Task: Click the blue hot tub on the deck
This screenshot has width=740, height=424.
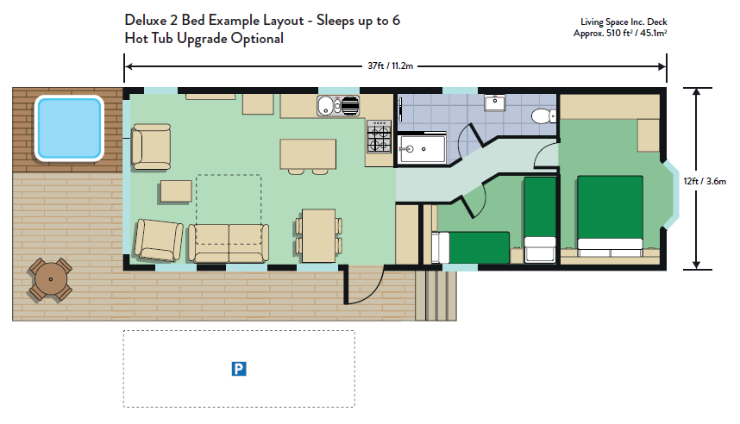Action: [x=69, y=128]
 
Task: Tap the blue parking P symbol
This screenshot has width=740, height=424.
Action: [x=239, y=369]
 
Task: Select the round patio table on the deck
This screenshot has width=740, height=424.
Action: [x=51, y=280]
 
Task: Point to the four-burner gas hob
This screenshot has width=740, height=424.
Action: [x=379, y=136]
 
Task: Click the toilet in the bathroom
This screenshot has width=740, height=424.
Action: [x=543, y=115]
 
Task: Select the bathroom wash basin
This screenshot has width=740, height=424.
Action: [x=494, y=103]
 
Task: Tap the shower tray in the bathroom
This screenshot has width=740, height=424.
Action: [x=422, y=149]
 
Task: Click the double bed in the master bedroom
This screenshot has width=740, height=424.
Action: [x=610, y=216]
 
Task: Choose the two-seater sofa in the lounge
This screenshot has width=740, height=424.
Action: [x=229, y=243]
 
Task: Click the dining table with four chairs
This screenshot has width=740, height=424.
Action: [x=318, y=235]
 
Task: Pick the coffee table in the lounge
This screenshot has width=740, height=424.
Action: [x=176, y=191]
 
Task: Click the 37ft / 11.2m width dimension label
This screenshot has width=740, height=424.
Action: [x=391, y=66]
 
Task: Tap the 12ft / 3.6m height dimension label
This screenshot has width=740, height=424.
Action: [x=705, y=181]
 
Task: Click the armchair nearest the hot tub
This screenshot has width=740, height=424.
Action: [x=151, y=147]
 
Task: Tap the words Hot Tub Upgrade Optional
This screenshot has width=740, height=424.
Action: [x=204, y=38]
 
